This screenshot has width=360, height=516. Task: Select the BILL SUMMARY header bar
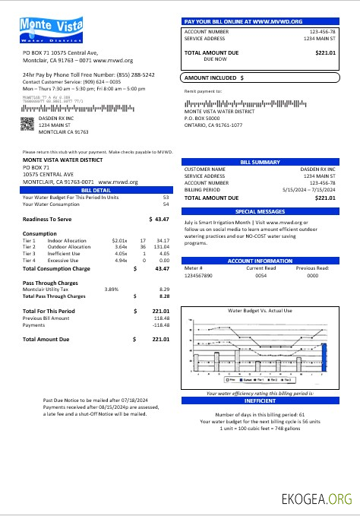(x=260, y=162)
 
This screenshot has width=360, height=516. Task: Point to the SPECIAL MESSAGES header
(x=260, y=211)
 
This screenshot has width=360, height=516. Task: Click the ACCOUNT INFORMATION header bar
(x=260, y=261)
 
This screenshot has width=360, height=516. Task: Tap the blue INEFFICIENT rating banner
(x=260, y=400)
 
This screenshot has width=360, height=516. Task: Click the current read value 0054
(x=261, y=275)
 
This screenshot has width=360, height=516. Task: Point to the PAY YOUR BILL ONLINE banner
(x=260, y=21)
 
